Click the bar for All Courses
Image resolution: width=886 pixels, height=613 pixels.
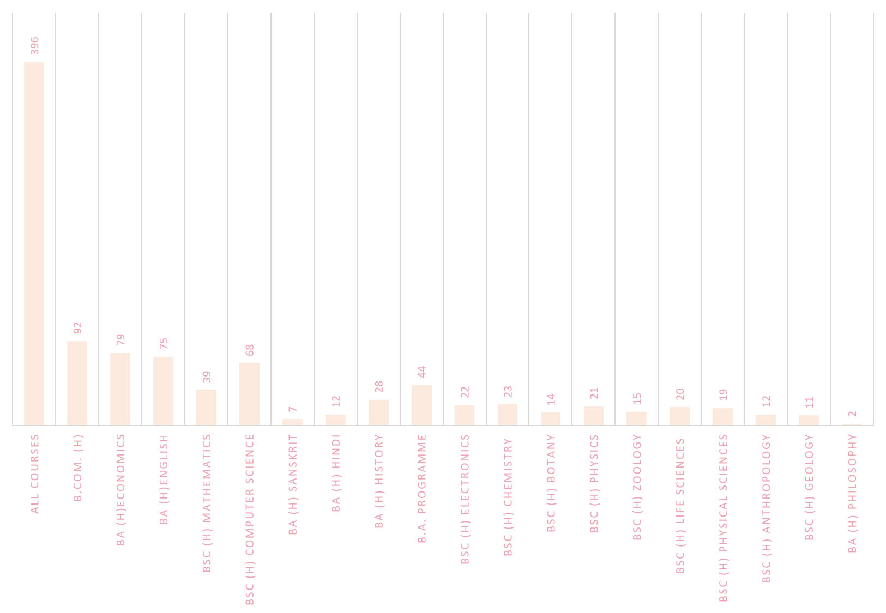34,244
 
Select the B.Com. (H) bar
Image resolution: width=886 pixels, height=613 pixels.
77,383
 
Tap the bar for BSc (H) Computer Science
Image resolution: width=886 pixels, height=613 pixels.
249,394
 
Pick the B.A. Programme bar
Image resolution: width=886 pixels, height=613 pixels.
421,405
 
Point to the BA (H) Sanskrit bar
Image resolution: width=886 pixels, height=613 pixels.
292,422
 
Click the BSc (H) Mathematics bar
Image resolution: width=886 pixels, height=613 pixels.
206,407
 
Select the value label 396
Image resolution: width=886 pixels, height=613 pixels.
34,46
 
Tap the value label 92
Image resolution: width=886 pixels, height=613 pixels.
77,327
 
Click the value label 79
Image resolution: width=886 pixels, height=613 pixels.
120,339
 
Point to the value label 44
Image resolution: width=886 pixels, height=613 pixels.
421,372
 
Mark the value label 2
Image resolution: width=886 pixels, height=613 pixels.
852,414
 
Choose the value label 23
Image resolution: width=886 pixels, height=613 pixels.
508,391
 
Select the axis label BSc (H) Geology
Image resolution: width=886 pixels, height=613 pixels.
809,487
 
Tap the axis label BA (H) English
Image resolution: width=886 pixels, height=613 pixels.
164,480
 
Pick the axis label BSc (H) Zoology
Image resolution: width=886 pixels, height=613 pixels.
637,487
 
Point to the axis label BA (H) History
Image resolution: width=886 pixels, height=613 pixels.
379,481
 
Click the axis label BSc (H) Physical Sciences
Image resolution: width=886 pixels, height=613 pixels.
723,518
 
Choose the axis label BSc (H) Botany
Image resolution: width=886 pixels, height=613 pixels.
551,483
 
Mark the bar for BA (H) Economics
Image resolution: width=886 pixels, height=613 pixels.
120,389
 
